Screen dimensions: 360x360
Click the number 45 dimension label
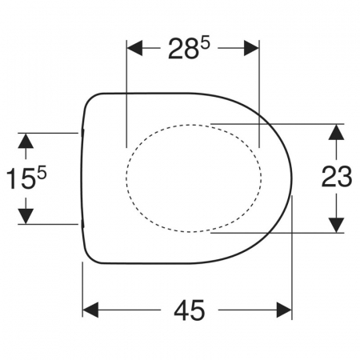(x=190, y=310)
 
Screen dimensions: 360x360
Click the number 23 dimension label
(x=337, y=176)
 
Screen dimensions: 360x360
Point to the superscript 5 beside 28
(x=206, y=43)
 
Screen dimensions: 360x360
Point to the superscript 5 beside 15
(x=42, y=172)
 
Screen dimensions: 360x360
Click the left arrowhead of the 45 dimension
(x=90, y=310)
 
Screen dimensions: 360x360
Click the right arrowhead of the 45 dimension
(x=284, y=310)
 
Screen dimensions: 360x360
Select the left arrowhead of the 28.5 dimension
(x=134, y=48)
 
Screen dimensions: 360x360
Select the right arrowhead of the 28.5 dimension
(x=251, y=48)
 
